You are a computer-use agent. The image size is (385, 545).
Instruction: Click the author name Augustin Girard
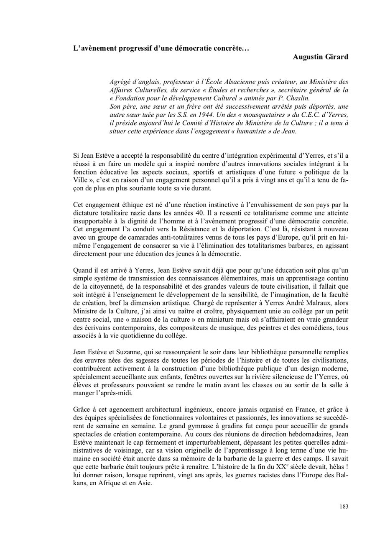click(x=320, y=57)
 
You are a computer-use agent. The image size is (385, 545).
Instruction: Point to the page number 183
click(x=344, y=507)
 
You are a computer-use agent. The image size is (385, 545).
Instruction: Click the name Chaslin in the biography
click(x=285, y=98)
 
